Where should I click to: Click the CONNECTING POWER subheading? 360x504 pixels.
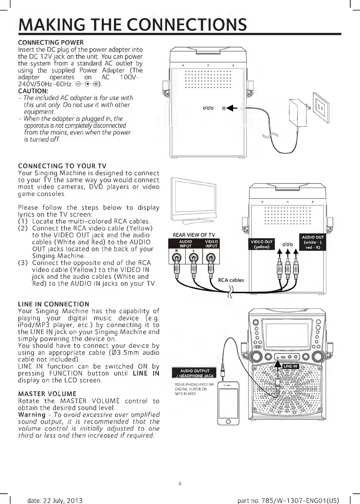[51, 43]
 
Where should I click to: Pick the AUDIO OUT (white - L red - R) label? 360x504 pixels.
[314, 243]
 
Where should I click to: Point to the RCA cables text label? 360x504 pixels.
[231, 280]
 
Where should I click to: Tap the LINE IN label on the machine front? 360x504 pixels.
[290, 366]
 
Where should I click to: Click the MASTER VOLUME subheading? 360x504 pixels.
[47, 394]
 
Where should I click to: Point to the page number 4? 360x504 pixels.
[180, 483]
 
